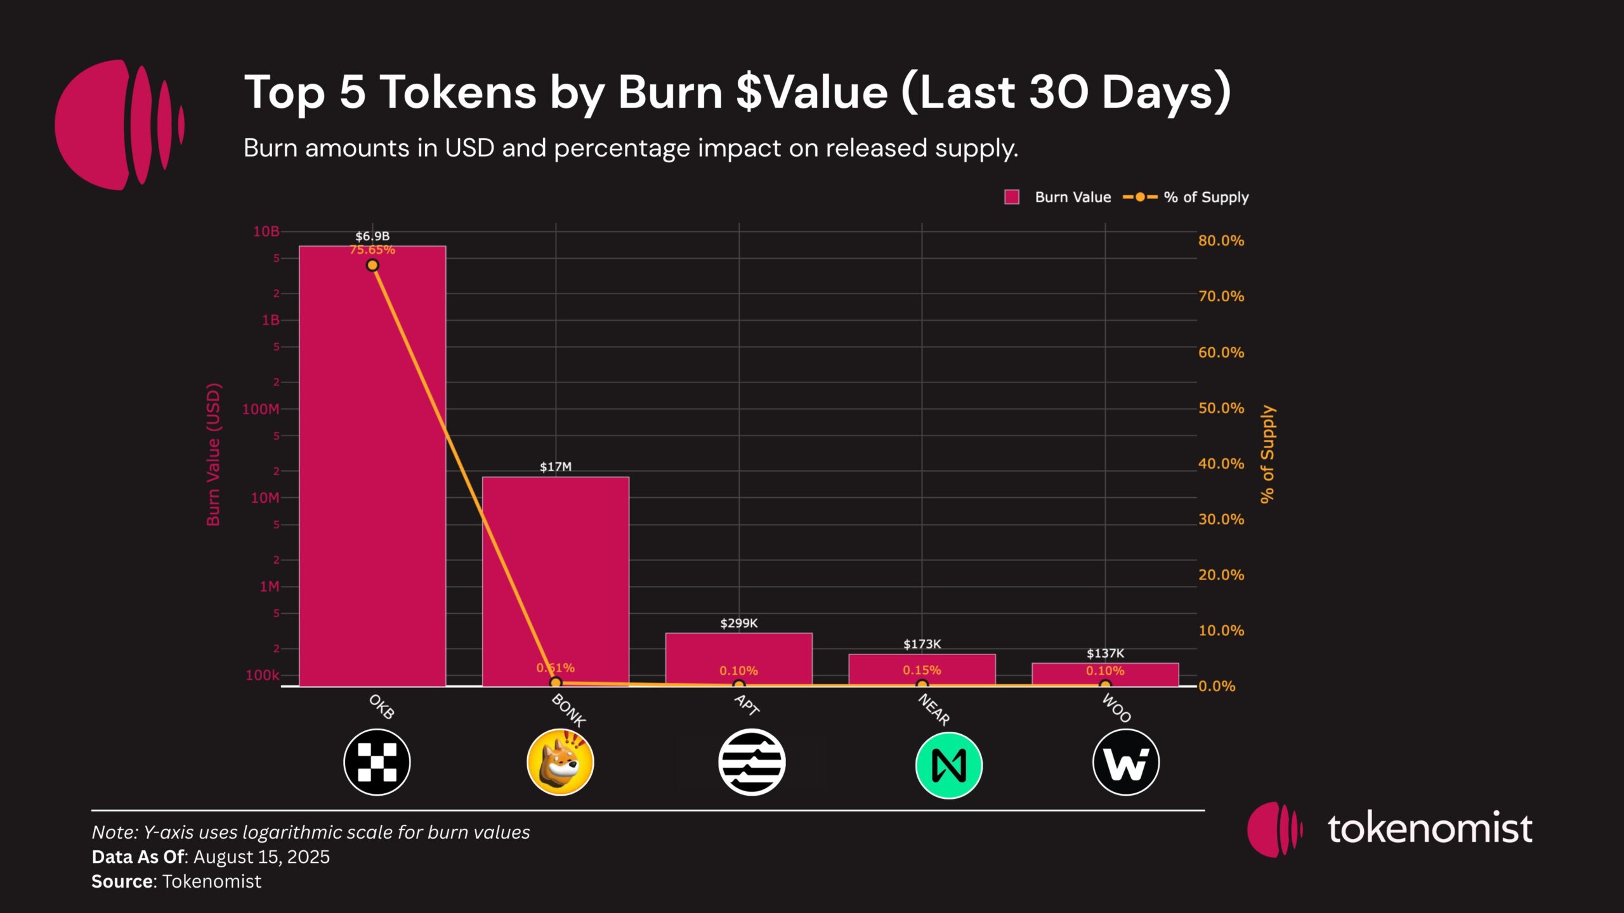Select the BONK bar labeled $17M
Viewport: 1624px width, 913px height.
[x=555, y=571]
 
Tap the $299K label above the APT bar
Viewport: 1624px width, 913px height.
[x=738, y=623]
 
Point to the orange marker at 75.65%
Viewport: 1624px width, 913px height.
[x=372, y=265]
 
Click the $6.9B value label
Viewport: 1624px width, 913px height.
[x=372, y=236]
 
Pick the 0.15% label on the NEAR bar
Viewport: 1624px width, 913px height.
[x=922, y=670]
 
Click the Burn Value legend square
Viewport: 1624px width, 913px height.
[x=1012, y=197]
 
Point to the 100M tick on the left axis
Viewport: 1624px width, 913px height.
[x=261, y=409]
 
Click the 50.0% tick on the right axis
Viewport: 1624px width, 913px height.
[x=1221, y=408]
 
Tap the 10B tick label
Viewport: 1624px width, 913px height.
[x=266, y=231]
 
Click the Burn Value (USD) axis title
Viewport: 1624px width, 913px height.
[x=213, y=455]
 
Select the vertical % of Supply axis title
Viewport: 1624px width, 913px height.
[x=1267, y=455]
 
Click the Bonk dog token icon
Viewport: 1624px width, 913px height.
[x=560, y=762]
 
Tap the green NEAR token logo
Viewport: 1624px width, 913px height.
[x=948, y=765]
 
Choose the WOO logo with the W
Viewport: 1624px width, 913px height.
[x=1125, y=762]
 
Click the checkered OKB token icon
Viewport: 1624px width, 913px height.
[x=377, y=762]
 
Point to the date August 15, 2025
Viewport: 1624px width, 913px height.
[x=261, y=857]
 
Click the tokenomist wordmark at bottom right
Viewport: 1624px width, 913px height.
[x=1430, y=828]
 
